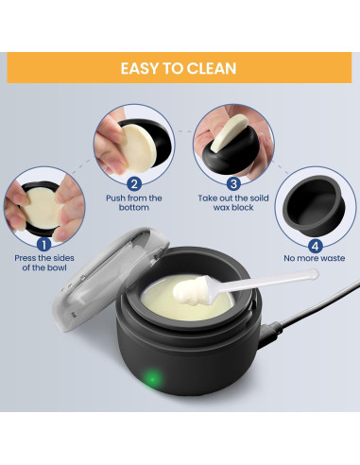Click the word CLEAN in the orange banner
coord(211,68)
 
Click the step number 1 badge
coord(44,245)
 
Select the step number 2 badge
coord(134,183)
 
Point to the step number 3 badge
coord(233,183)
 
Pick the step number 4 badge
coord(315,246)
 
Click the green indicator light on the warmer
coord(152,379)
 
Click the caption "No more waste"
coord(314,258)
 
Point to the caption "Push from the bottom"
coord(134,203)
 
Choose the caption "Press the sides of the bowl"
coord(44,263)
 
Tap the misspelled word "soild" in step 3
coord(257,198)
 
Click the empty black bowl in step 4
coord(314,206)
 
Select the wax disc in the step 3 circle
coord(229,133)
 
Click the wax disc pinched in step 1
coord(42,208)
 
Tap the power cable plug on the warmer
coord(270,333)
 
